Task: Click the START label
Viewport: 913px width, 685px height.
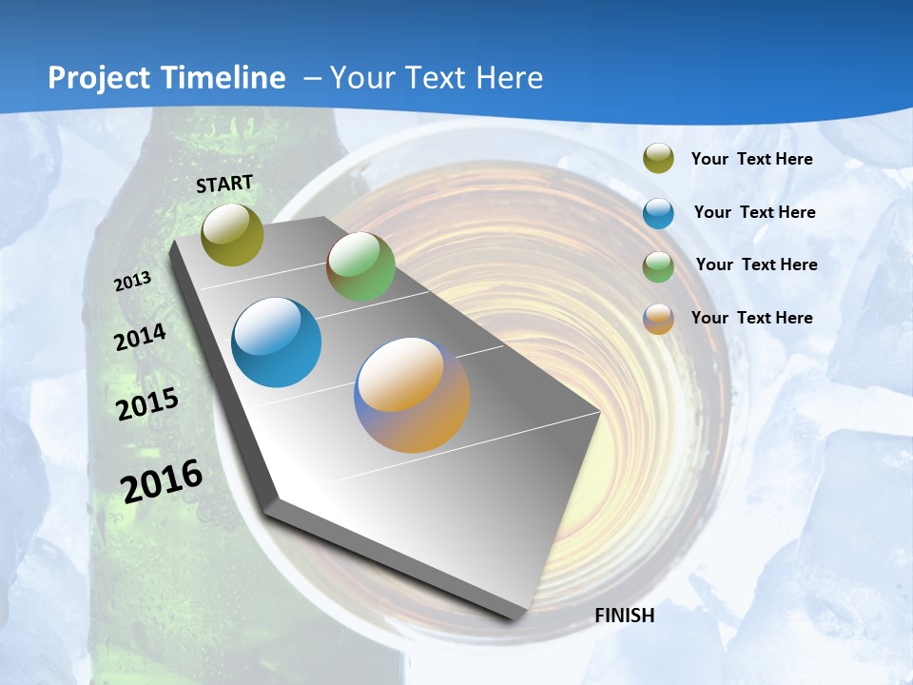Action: click(224, 184)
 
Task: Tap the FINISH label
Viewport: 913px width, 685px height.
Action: click(625, 616)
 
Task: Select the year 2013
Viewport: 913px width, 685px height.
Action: click(133, 282)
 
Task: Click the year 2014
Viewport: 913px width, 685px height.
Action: click(141, 338)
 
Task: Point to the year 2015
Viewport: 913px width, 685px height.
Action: click(147, 404)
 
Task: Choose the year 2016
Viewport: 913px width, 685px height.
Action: click(162, 480)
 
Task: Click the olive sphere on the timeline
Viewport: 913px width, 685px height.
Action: click(232, 234)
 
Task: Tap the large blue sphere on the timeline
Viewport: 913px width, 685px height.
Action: click(277, 342)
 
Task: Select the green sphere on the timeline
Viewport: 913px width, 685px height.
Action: click(360, 266)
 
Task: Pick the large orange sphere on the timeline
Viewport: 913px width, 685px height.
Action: click(412, 395)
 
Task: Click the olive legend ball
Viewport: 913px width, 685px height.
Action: click(658, 159)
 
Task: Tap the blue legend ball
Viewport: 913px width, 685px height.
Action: click(658, 213)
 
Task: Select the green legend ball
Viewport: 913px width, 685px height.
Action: click(658, 266)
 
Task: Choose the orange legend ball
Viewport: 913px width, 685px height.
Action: click(658, 319)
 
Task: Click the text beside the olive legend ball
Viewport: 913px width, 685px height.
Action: click(751, 159)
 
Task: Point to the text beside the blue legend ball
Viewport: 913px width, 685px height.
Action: click(754, 212)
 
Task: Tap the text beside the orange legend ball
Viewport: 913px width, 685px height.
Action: click(751, 318)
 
